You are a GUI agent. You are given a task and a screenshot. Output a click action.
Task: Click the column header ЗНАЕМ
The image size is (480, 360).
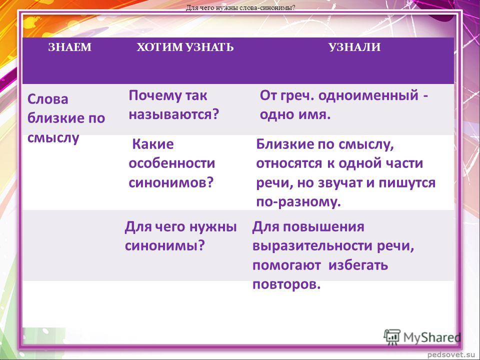tap(70, 47)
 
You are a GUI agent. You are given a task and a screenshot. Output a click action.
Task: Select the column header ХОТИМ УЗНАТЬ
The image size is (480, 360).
tap(185, 47)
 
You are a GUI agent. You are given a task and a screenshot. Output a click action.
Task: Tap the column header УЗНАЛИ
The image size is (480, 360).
tap(354, 47)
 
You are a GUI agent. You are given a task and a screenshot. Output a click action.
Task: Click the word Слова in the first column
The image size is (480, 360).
tap(48, 99)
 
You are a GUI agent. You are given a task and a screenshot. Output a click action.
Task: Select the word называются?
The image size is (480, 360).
tap(174, 114)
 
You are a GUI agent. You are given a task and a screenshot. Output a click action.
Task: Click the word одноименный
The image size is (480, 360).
tap(368, 95)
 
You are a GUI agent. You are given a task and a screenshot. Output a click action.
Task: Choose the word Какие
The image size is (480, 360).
tap(153, 144)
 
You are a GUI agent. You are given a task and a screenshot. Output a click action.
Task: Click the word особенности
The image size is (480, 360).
tap(171, 163)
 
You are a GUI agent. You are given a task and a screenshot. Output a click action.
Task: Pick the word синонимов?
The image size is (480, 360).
tap(171, 183)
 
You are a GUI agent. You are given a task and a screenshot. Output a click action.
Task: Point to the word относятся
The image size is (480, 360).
tap(289, 163)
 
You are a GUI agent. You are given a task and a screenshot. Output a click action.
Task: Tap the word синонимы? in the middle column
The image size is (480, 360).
tap(164, 246)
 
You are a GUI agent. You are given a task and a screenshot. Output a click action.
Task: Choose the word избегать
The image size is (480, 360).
tap(358, 265)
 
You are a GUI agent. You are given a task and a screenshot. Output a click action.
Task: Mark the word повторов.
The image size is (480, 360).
tap(286, 284)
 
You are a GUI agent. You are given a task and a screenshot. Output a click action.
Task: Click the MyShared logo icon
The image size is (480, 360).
tap(392, 337)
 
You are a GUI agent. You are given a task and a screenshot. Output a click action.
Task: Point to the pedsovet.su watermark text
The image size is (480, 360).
tap(452, 354)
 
